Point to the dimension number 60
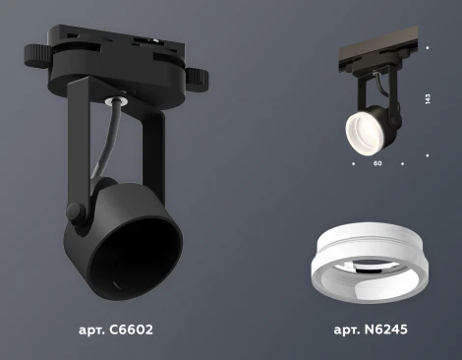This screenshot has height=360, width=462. [377, 163]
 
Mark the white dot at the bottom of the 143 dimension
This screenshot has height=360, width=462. [427, 154]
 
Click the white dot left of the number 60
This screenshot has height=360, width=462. [352, 163]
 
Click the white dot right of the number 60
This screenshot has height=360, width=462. [403, 163]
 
